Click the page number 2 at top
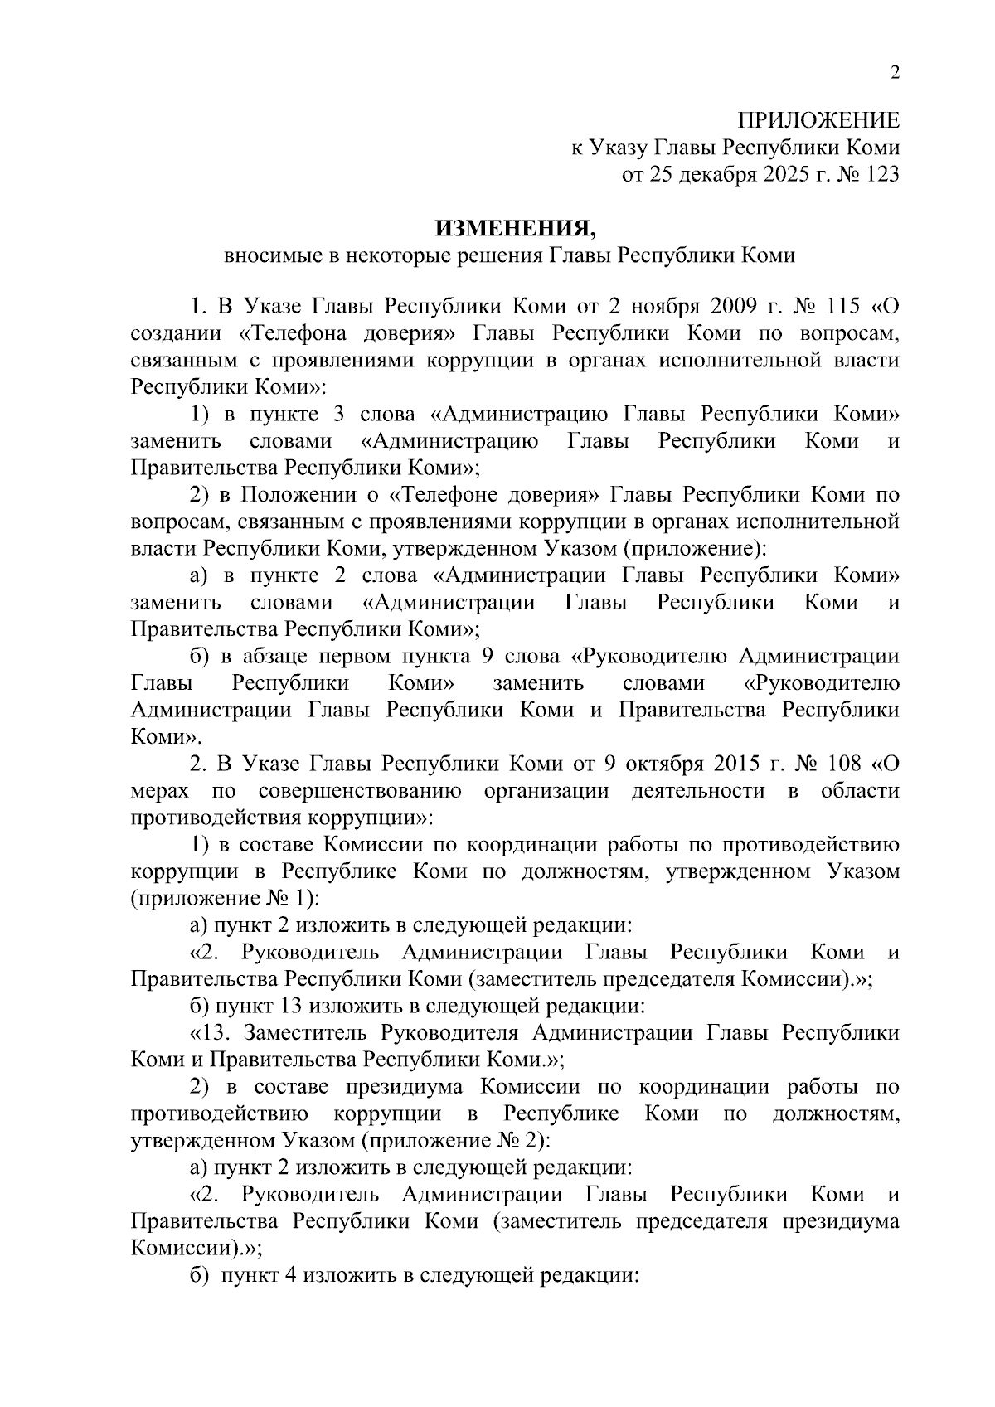tap(894, 73)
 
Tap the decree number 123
tap(880, 175)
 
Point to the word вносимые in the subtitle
tap(269, 255)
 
